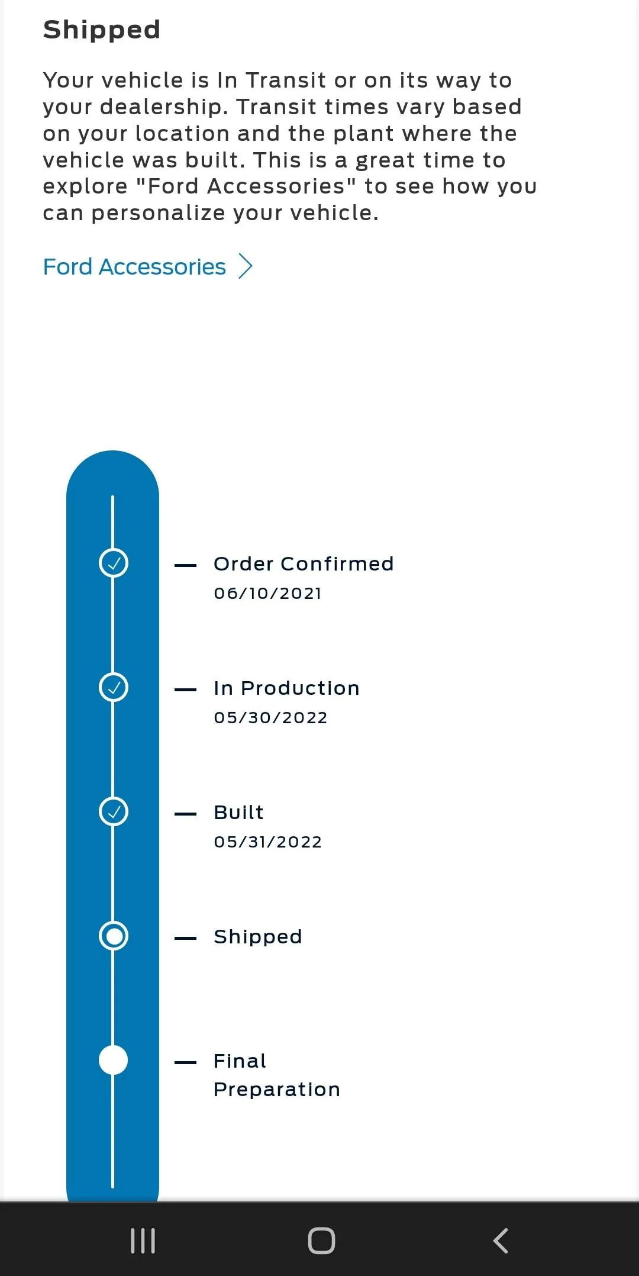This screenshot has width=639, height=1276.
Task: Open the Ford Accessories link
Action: coord(134,267)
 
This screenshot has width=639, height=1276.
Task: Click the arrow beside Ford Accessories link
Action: coord(245,266)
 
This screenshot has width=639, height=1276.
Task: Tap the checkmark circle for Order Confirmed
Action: coord(114,563)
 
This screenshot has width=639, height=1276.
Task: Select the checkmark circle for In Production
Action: coord(114,687)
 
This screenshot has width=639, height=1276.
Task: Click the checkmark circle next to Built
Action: coord(114,811)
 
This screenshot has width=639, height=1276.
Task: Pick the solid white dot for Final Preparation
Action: coord(114,1060)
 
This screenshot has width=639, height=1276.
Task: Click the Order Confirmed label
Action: coord(304,564)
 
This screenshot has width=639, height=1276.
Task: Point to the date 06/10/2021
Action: coord(268,593)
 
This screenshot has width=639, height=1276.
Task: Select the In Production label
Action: coord(287,688)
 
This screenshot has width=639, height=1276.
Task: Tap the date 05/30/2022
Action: coord(271,717)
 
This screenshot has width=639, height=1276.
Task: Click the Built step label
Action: coord(239,813)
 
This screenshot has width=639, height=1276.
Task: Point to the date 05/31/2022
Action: coord(268,842)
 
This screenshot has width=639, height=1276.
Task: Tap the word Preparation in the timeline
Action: coord(277,1090)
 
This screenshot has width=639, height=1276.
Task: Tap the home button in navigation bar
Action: coord(321,1240)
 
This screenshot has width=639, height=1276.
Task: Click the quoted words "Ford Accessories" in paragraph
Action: coord(246,186)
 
